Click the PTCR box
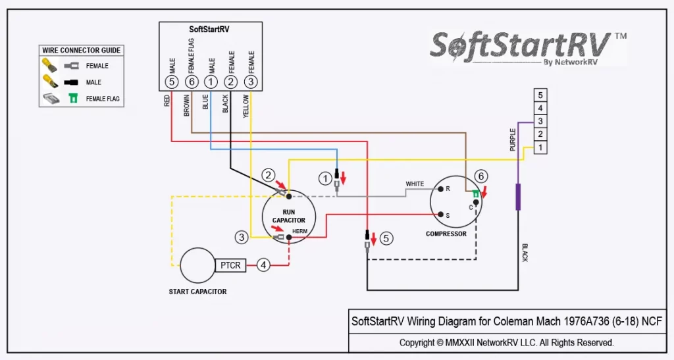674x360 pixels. (x=230, y=266)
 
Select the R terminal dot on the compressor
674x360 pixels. (x=441, y=189)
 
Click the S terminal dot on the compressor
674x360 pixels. (x=441, y=214)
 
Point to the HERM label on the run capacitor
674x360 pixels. (x=299, y=231)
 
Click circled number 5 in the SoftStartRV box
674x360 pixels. (x=172, y=82)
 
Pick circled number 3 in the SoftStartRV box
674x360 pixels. (x=251, y=82)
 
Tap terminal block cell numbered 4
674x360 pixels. (x=540, y=109)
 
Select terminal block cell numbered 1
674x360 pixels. (x=540, y=148)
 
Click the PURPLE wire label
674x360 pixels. (x=513, y=140)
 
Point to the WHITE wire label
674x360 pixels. (x=415, y=184)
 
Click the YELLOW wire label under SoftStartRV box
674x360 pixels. (x=246, y=105)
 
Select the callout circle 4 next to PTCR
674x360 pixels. (x=263, y=266)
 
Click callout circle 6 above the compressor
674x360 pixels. (x=481, y=176)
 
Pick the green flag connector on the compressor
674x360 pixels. (x=475, y=193)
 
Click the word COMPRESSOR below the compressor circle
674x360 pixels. (x=446, y=234)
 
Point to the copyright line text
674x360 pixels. (x=506, y=343)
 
